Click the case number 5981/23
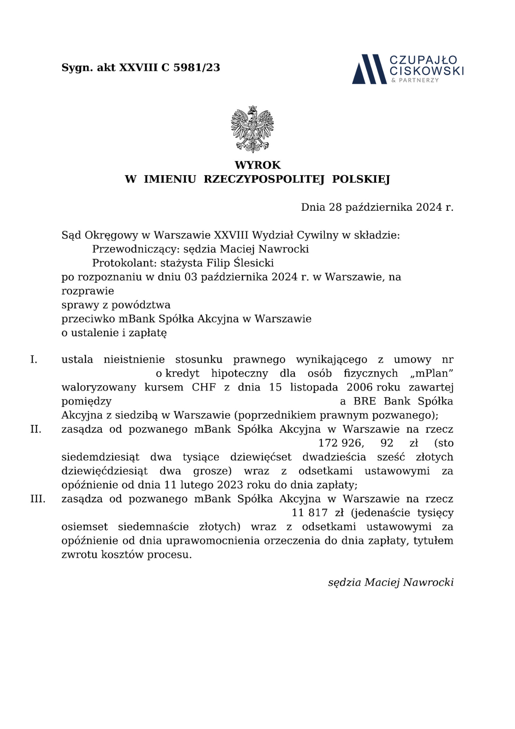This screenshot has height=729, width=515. click(x=196, y=68)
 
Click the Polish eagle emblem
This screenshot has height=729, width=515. click(x=252, y=129)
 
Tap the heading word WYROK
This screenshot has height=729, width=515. click(x=257, y=165)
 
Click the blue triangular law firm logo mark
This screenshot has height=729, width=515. click(x=369, y=69)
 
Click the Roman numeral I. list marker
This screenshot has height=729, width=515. click(x=34, y=360)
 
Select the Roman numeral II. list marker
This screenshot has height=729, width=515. click(x=36, y=429)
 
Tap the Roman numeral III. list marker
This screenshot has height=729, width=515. click(x=38, y=499)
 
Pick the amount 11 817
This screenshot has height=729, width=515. click(x=309, y=513)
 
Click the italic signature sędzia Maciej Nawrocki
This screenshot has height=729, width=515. click(x=390, y=582)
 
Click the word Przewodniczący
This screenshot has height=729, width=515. click(x=137, y=249)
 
